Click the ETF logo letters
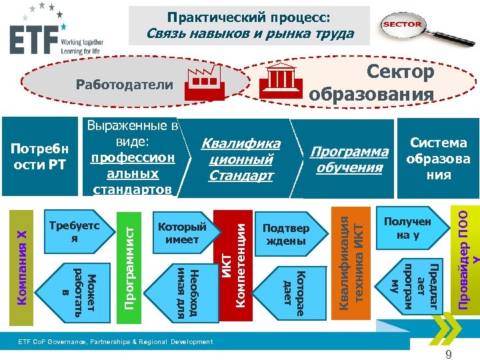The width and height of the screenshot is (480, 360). pyautogui.click(x=32, y=41)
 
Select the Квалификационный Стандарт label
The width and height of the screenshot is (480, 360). pyautogui.click(x=241, y=159)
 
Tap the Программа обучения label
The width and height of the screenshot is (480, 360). pyautogui.click(x=349, y=159)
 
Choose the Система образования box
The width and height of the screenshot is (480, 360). pyautogui.click(x=439, y=159)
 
